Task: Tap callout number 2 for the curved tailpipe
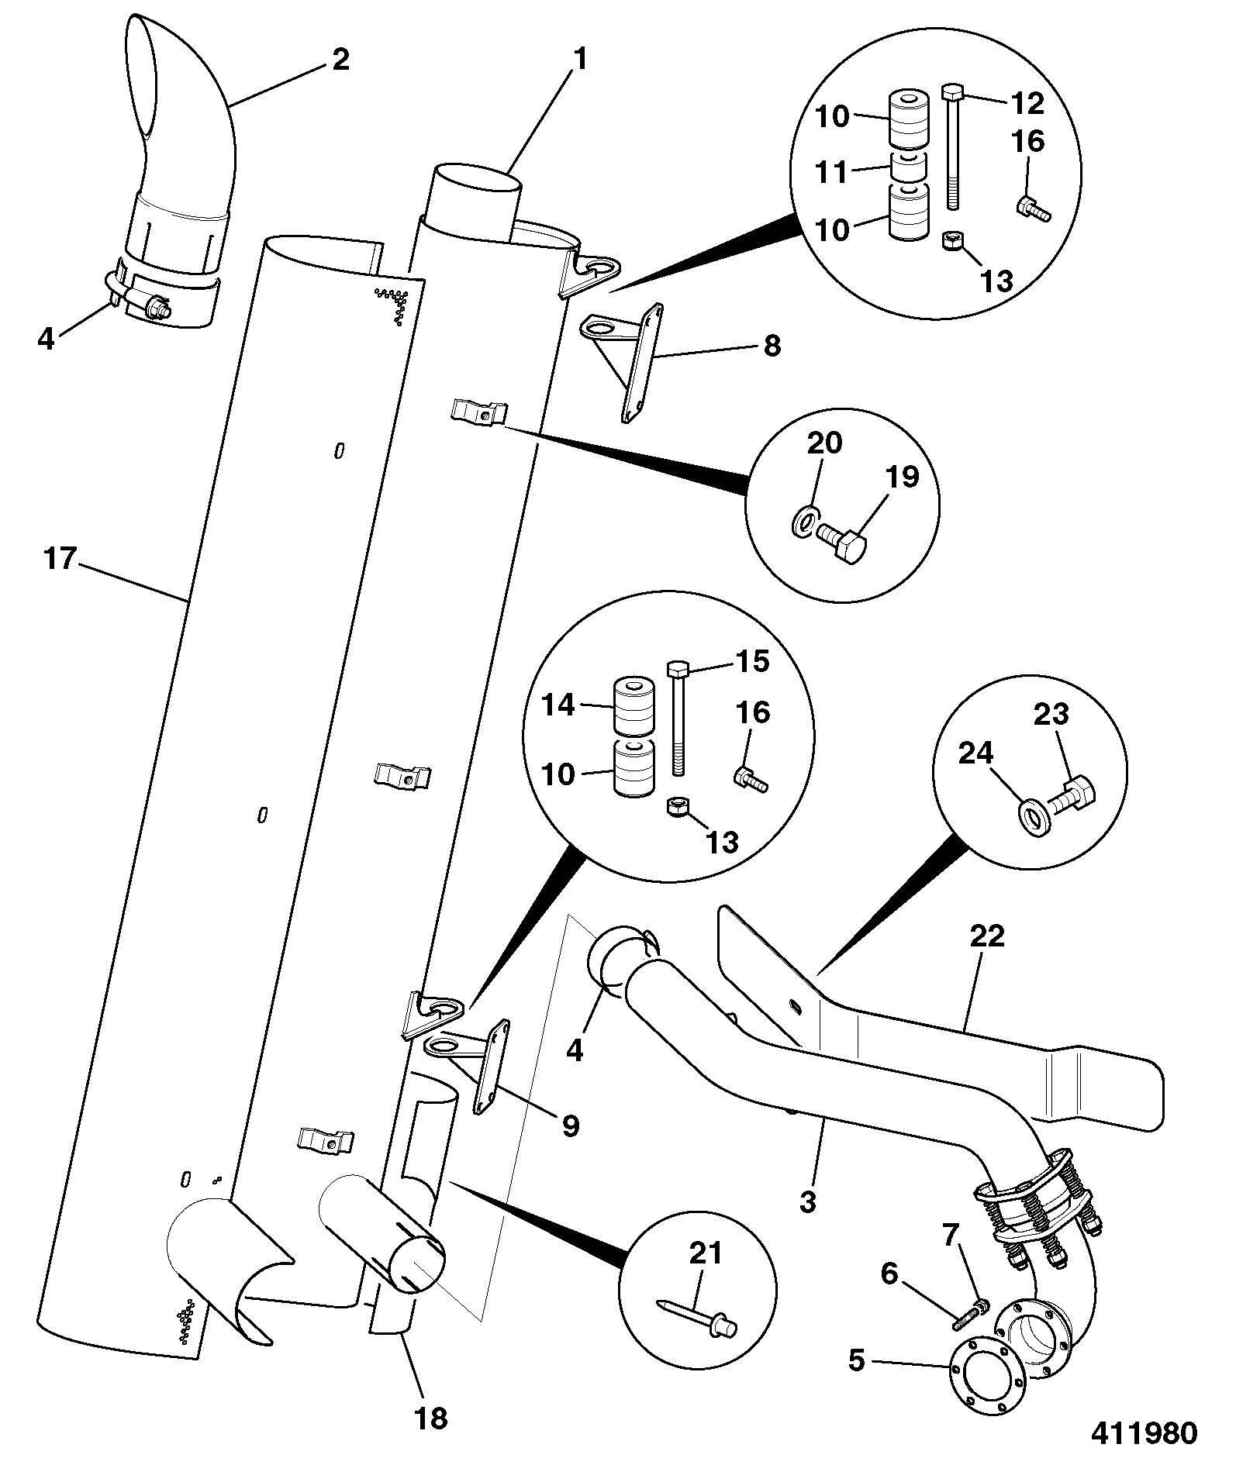(340, 59)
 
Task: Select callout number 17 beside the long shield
(60, 558)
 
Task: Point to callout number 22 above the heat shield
(986, 936)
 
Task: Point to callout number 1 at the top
(579, 59)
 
